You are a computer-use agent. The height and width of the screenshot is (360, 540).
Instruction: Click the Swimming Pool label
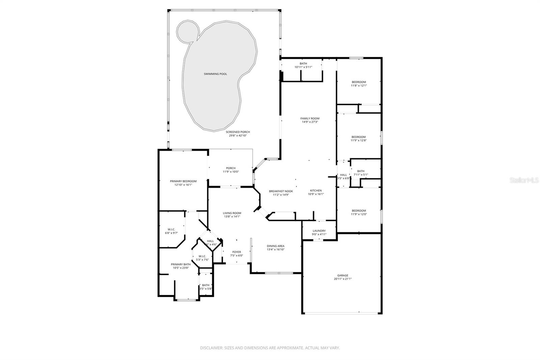point(215,74)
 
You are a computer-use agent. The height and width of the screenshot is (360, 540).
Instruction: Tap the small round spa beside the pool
point(187,31)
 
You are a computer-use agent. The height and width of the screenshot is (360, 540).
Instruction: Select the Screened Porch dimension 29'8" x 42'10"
point(238,135)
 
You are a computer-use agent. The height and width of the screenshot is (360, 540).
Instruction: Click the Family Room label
point(310,119)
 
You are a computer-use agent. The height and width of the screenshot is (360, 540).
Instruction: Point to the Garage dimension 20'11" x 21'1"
point(343,279)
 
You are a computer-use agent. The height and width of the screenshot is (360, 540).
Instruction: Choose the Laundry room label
point(319,231)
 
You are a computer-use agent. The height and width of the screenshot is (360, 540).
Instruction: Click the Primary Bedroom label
point(183,181)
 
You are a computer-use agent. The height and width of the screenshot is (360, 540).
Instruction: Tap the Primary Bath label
point(181,264)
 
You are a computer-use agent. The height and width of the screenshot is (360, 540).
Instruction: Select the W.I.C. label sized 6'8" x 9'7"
point(171,229)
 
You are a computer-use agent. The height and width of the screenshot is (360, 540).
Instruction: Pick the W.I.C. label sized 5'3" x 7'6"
point(202,256)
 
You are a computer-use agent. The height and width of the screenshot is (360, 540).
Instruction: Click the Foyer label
point(237,252)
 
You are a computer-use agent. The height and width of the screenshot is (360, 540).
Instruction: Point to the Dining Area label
point(276,246)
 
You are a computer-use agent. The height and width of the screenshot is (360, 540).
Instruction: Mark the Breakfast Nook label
point(281,191)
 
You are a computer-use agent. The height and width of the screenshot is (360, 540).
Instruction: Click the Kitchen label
point(316,190)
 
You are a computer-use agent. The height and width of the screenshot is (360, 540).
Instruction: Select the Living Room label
point(232,213)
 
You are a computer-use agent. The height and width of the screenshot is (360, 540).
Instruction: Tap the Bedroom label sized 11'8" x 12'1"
point(359,82)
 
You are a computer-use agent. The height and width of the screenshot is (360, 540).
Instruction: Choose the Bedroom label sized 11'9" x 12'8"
point(358,137)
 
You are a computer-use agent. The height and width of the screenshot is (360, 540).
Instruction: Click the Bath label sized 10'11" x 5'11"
point(303,63)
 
